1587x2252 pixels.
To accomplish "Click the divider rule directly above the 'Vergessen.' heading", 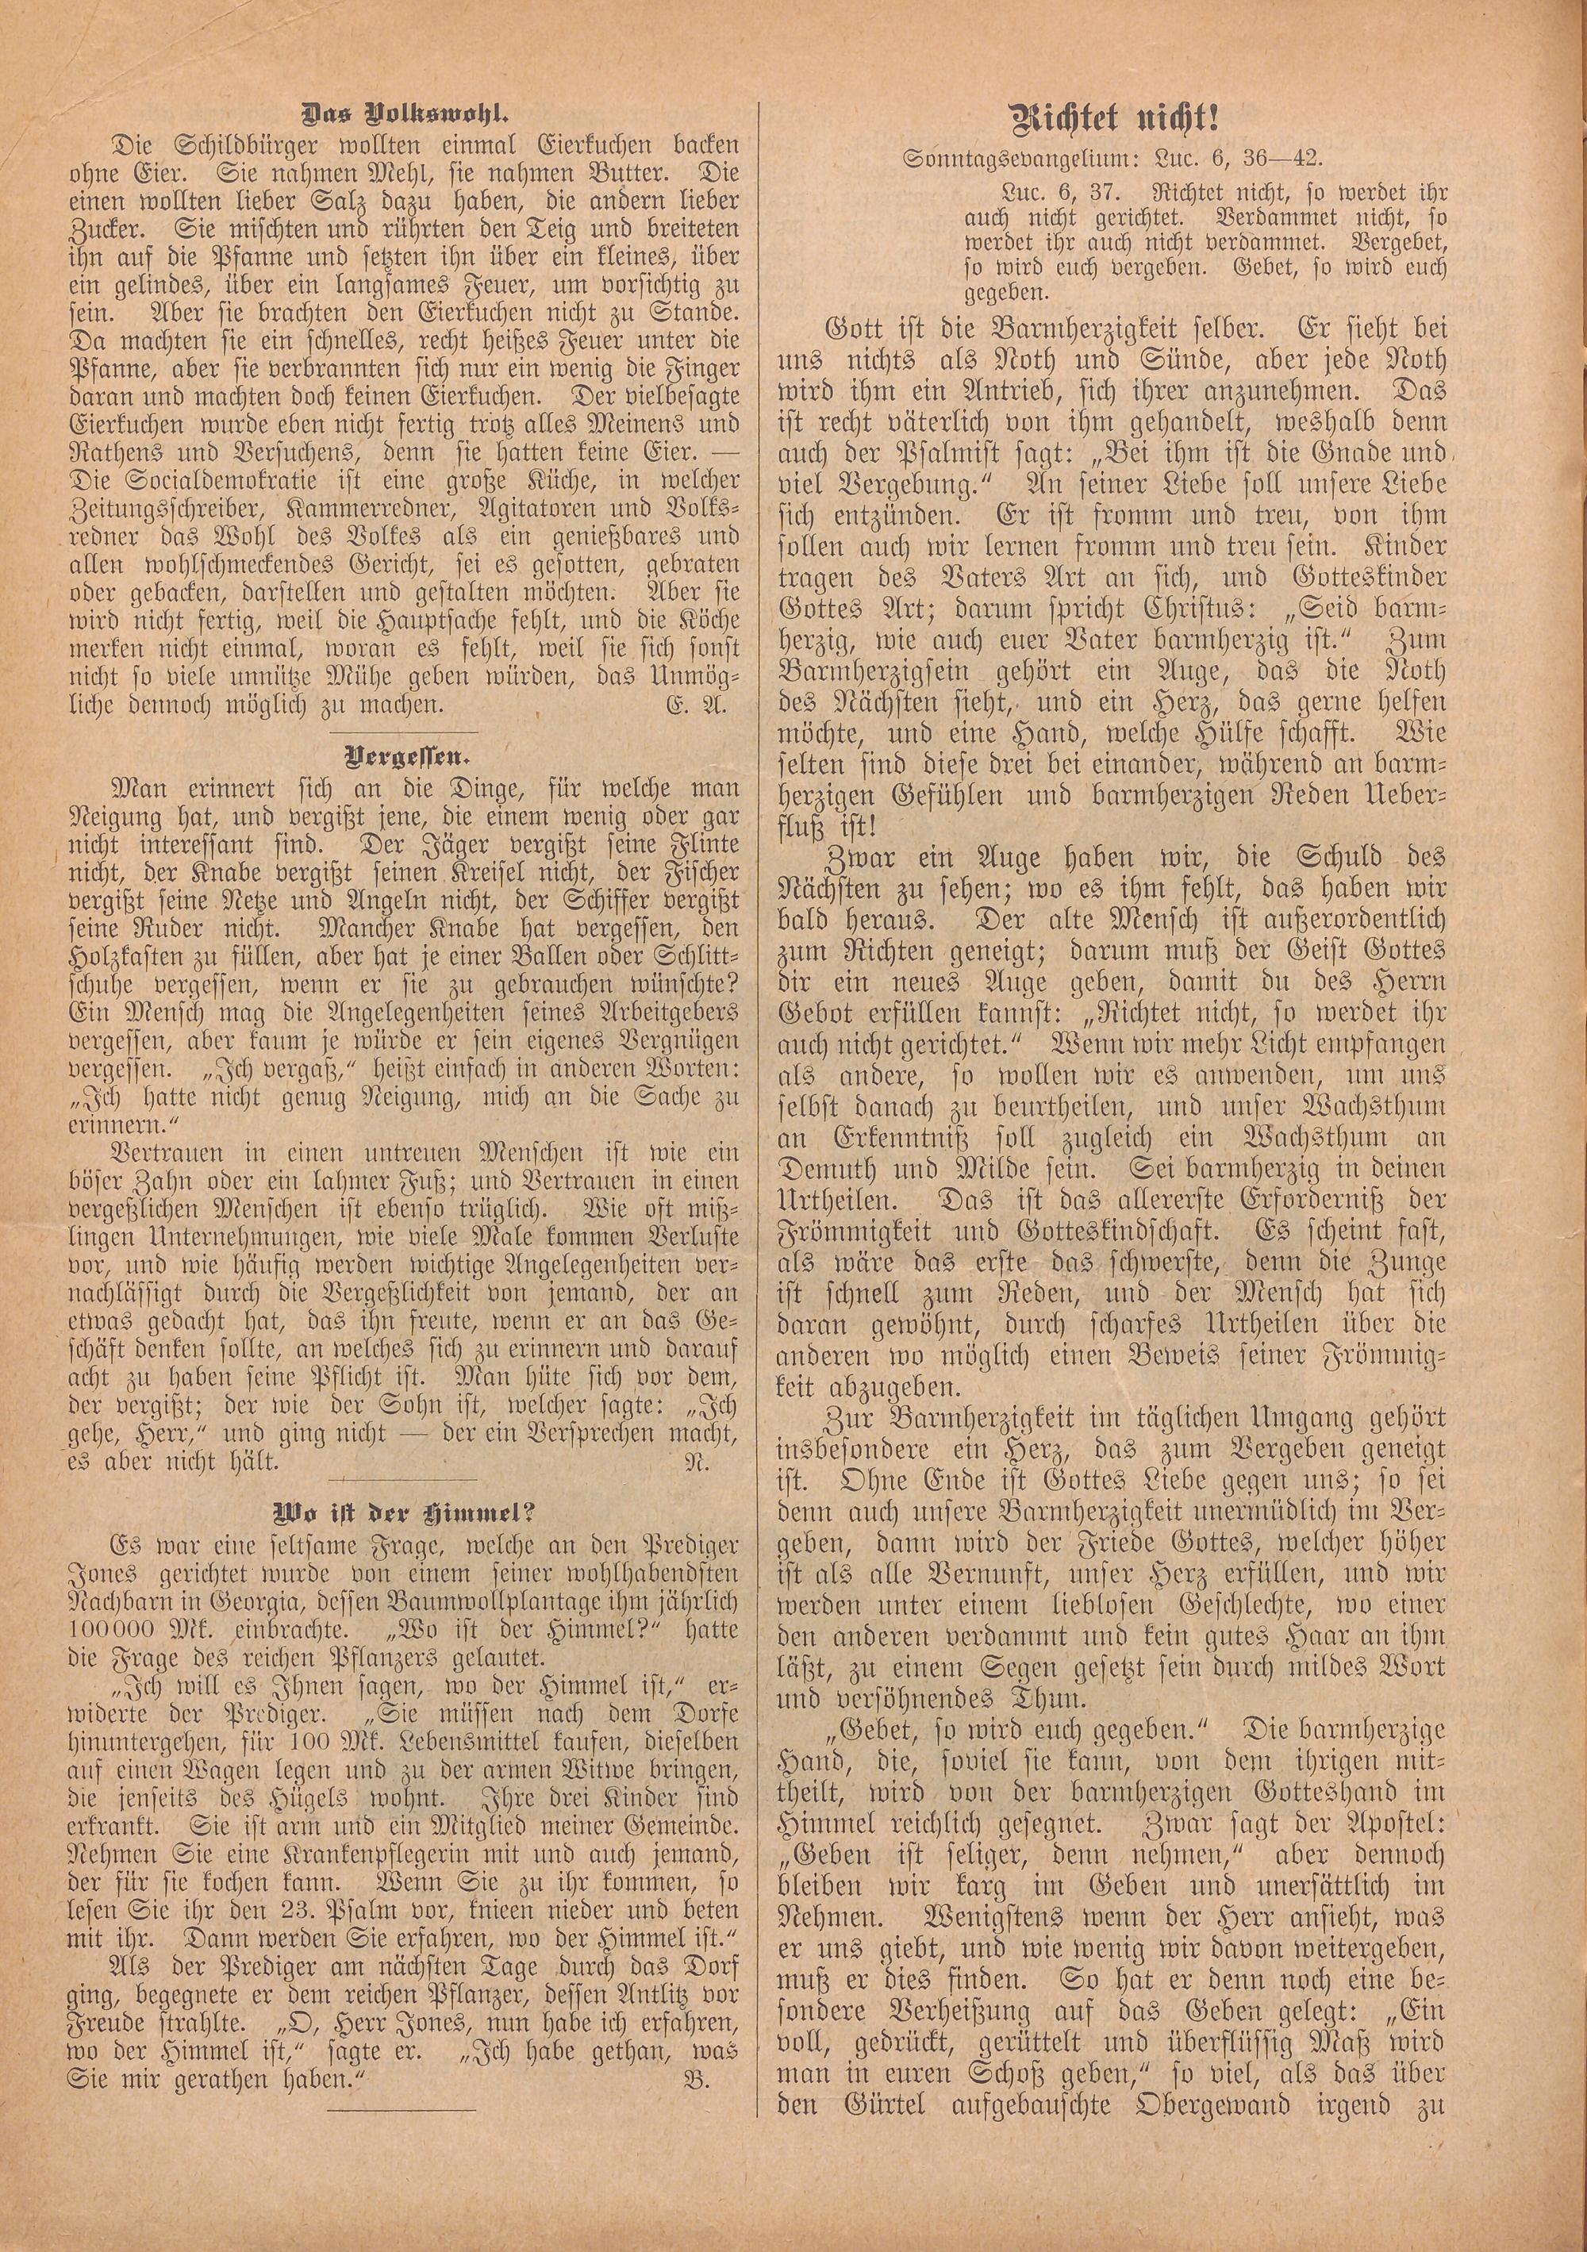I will pos(402,732).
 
